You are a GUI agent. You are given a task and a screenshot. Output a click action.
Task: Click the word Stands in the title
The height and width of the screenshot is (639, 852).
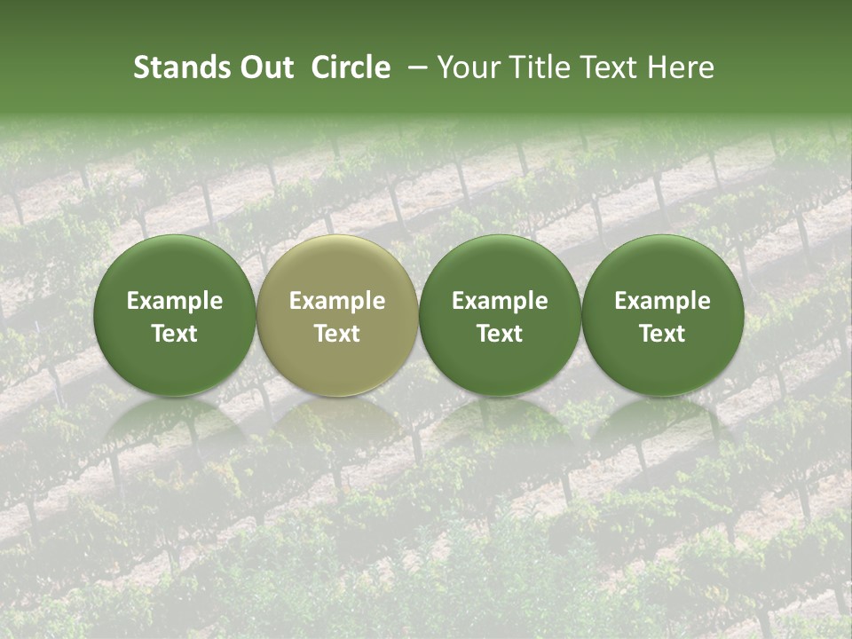[179, 67]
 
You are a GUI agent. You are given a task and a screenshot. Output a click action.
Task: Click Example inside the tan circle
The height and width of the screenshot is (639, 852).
[337, 301]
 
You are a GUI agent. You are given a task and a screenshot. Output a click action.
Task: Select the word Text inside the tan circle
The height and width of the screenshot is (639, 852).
[337, 334]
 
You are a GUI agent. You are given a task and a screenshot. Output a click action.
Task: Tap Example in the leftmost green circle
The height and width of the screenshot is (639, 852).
[175, 301]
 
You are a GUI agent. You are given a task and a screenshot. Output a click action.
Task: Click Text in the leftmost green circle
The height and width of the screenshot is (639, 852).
[175, 334]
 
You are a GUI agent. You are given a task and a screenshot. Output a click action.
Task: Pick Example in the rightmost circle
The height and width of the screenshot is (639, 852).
[662, 301]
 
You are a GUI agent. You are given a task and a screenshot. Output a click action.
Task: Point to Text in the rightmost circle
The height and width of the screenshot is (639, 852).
[662, 334]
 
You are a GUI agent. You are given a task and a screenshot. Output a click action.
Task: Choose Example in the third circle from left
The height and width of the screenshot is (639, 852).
[500, 301]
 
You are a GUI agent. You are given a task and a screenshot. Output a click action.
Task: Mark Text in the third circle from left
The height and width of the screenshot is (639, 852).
[500, 334]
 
